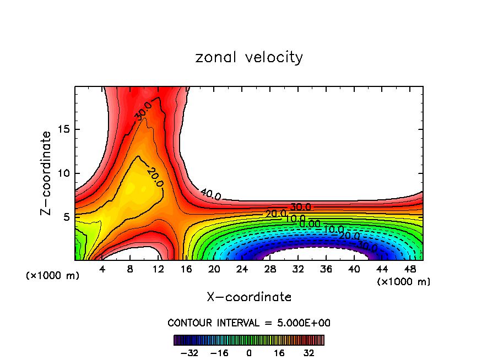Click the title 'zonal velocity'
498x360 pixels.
click(x=249, y=57)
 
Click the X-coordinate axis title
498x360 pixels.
click(x=249, y=297)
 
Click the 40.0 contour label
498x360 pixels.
click(x=210, y=194)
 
